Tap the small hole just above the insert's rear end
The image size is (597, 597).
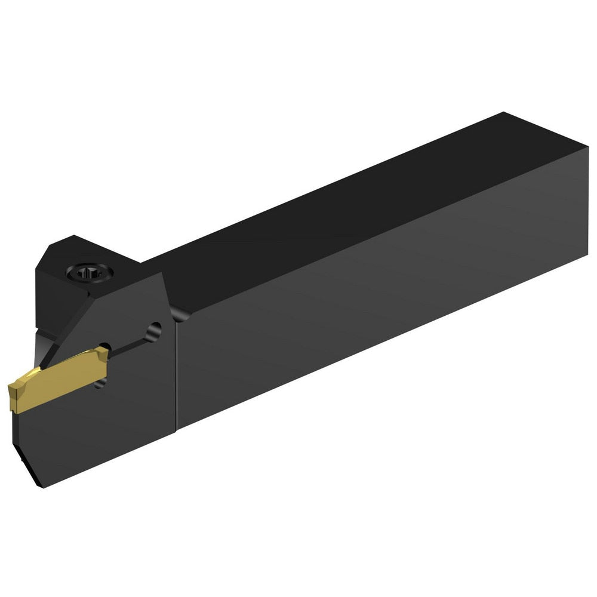tap(104, 347)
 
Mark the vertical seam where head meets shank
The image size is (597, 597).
tap(176, 376)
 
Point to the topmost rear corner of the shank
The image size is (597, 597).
tap(504, 113)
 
